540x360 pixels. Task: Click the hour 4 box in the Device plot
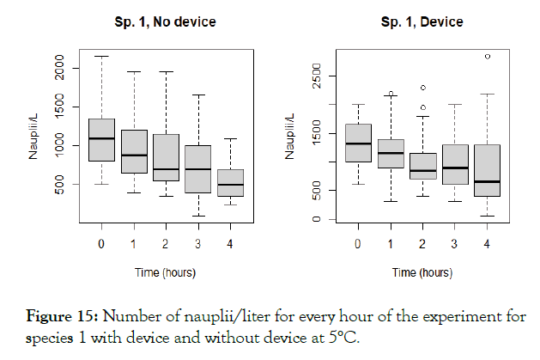pos(488,170)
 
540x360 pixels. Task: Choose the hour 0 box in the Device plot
pos(358,143)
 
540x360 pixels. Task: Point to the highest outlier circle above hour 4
pos(488,57)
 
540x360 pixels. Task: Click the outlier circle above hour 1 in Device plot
pos(391,93)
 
